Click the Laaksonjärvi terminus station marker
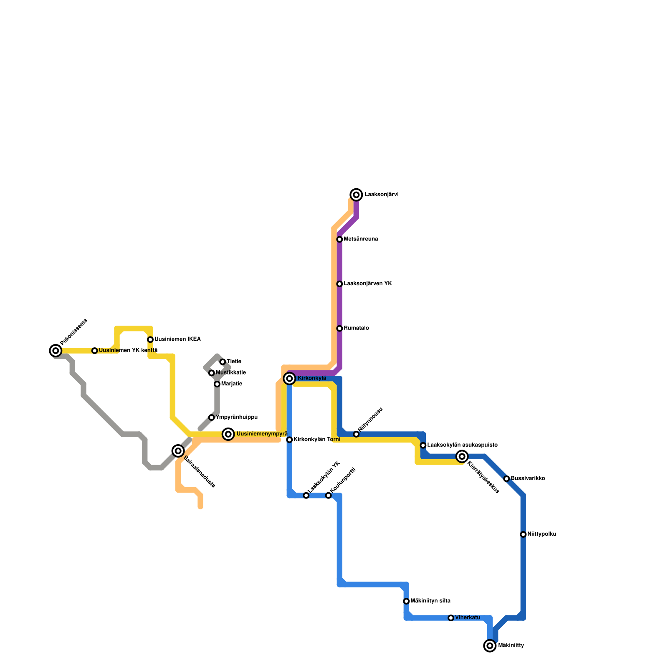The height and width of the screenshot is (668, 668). point(356,195)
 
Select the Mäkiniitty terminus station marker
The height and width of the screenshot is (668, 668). point(490,645)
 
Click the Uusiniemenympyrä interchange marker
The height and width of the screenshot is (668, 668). point(228,434)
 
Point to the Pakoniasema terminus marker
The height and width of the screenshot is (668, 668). point(56,351)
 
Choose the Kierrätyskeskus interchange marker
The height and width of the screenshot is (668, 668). point(462,456)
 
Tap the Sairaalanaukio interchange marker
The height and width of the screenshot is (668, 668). point(178,450)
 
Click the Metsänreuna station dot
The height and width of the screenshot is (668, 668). point(339,239)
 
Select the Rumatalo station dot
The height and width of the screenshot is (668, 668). point(339,328)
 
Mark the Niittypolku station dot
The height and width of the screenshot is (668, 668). point(523,534)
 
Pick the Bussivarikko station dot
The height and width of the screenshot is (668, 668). point(506,478)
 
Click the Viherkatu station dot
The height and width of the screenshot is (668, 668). point(451,618)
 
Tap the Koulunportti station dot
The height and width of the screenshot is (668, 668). point(328,495)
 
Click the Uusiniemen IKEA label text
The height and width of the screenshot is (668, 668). point(177,339)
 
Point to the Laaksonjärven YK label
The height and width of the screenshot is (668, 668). point(368,284)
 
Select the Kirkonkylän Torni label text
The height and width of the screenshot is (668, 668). point(317,440)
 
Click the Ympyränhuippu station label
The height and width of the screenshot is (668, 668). point(237,417)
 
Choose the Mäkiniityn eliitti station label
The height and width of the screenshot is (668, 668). point(430,601)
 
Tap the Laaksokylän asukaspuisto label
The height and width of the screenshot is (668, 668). point(462,445)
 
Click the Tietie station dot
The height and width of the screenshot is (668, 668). point(223,362)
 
